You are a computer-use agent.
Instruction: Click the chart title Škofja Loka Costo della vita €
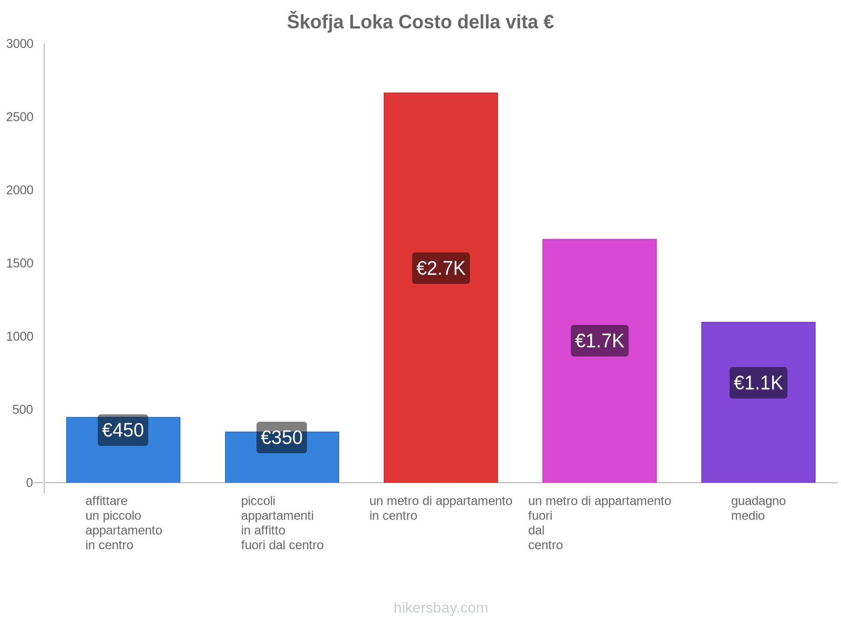pyautogui.click(x=420, y=22)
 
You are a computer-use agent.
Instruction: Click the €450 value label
pyautogui.click(x=123, y=430)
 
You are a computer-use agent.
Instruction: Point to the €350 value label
pyautogui.click(x=282, y=437)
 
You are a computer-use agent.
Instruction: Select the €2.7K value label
pyautogui.click(x=440, y=268)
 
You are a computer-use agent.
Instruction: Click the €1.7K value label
pyautogui.click(x=599, y=341)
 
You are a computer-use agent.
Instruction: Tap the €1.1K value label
pyautogui.click(x=758, y=383)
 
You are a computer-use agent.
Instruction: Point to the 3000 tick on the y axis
pyautogui.click(x=20, y=44)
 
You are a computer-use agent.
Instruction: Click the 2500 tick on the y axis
pyautogui.click(x=20, y=117)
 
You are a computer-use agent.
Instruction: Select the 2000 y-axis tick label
pyautogui.click(x=20, y=190)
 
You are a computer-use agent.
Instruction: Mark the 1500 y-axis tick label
pyautogui.click(x=20, y=263)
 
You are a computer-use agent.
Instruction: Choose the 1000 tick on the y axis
pyautogui.click(x=20, y=337)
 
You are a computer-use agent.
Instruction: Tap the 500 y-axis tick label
pyautogui.click(x=23, y=410)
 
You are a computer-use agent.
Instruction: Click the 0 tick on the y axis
pyautogui.click(x=29, y=483)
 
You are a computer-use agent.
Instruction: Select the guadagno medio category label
pyautogui.click(x=758, y=508)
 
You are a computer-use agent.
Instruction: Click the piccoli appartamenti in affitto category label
pyautogui.click(x=282, y=523)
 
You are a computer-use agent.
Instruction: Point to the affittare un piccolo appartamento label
pyautogui.click(x=124, y=523)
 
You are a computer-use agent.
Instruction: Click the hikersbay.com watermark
pyautogui.click(x=440, y=608)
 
